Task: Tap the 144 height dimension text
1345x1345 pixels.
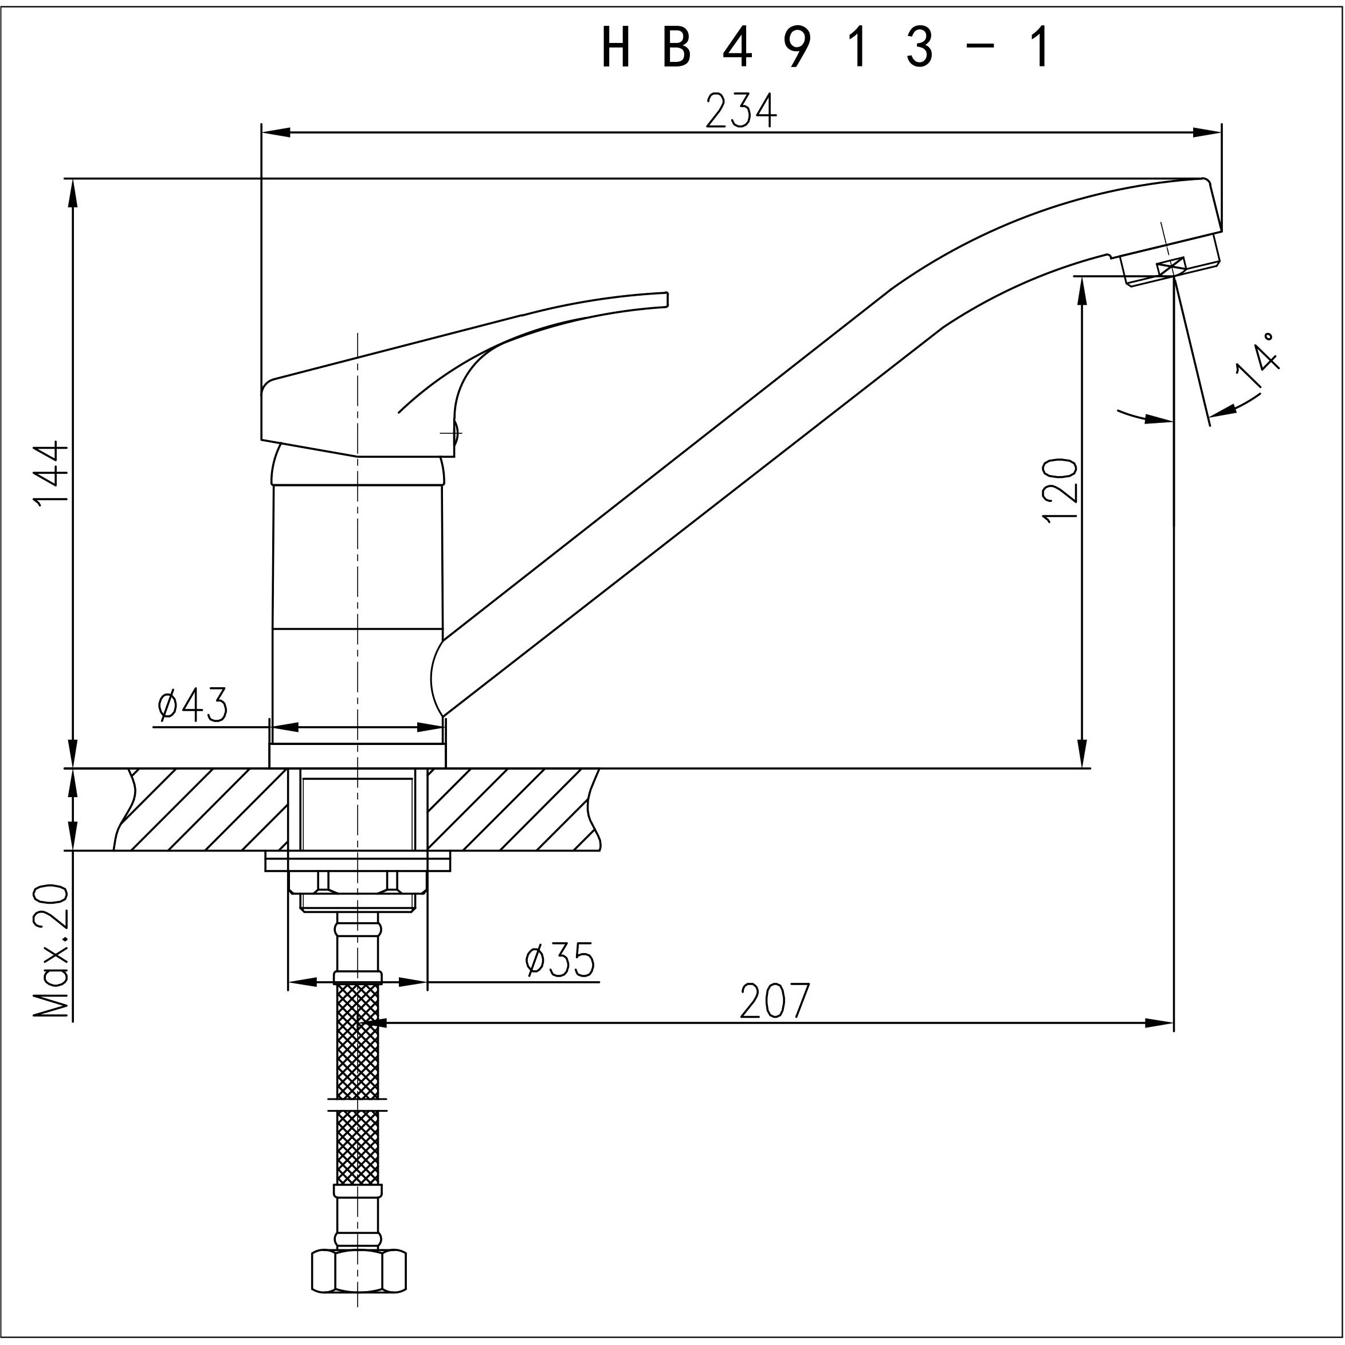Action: coord(52,473)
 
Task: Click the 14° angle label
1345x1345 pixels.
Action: coord(1258,360)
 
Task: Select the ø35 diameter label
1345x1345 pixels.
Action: coord(560,960)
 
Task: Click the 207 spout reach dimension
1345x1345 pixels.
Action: coord(775,1001)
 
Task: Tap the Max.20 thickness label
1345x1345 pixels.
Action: coord(53,952)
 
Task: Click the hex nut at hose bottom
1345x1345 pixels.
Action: coord(358,1271)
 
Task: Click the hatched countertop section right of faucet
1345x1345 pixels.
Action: coord(512,809)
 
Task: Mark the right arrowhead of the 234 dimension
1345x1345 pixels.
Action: coord(1208,132)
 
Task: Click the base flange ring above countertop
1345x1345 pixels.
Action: coord(357,755)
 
